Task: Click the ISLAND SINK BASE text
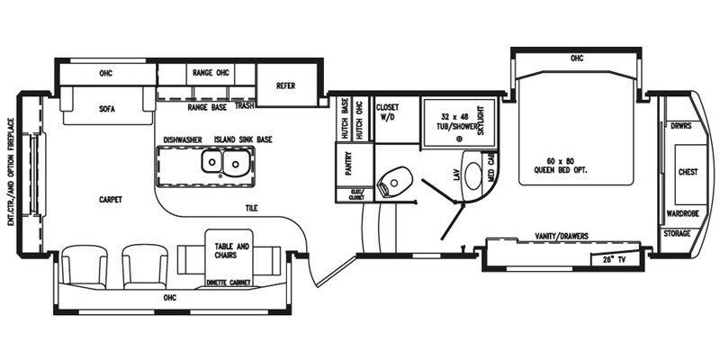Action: pyautogui.click(x=243, y=139)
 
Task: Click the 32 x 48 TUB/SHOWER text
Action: pyautogui.click(x=458, y=122)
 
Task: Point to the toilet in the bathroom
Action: pyautogui.click(x=392, y=185)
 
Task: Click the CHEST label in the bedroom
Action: pyautogui.click(x=688, y=171)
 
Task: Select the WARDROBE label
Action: pyautogui.click(x=679, y=214)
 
